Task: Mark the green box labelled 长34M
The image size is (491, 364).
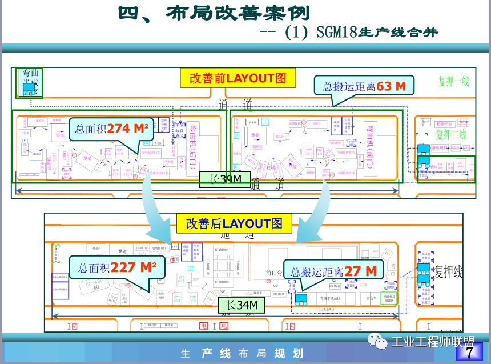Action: [241, 306]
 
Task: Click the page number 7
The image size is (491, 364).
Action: [470, 353]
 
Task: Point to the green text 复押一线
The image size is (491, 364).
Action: [453, 81]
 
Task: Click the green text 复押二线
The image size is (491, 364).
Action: [451, 135]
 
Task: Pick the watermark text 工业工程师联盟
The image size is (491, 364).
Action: [433, 342]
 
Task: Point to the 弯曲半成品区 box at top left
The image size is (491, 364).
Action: [29, 82]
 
